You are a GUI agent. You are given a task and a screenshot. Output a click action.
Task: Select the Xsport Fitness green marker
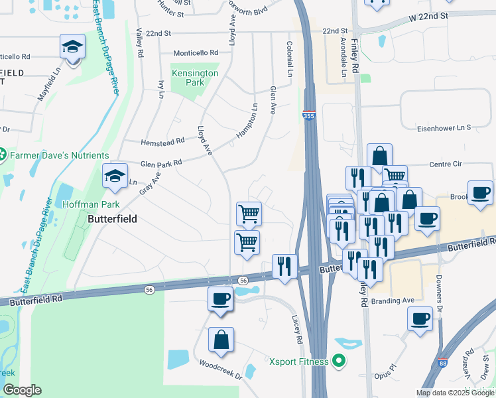click(340, 362)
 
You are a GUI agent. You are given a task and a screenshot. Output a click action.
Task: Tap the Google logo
click(21, 390)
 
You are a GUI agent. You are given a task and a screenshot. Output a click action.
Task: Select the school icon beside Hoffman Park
click(115, 176)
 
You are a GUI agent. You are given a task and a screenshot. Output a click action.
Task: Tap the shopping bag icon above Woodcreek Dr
click(221, 340)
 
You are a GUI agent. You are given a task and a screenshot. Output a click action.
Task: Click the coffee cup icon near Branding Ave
click(420, 318)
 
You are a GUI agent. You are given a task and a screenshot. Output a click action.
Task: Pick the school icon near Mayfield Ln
click(72, 46)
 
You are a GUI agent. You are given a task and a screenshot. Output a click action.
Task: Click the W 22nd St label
click(428, 15)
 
